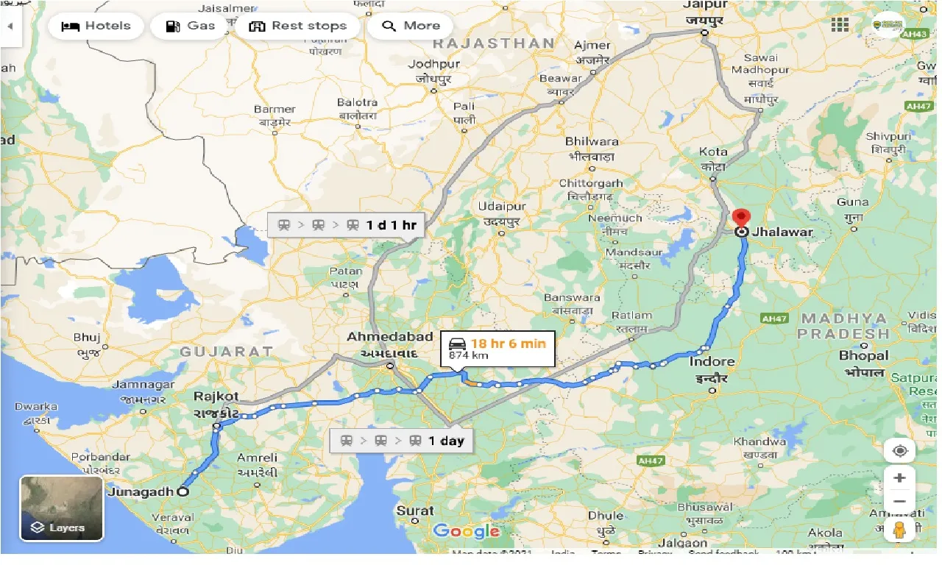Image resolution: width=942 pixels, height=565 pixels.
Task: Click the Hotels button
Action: pyautogui.click(x=95, y=26)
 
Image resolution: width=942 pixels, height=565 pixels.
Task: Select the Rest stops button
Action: pyautogui.click(x=297, y=26)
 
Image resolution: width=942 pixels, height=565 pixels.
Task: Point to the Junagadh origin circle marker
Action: pyautogui.click(x=182, y=492)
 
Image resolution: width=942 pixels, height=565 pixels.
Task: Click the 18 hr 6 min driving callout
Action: pyautogui.click(x=497, y=349)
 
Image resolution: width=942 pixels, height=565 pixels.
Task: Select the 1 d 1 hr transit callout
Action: pyautogui.click(x=346, y=225)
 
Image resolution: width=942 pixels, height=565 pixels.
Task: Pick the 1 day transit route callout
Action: pyautogui.click(x=402, y=441)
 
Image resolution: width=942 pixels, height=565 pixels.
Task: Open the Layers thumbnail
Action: pyautogui.click(x=61, y=508)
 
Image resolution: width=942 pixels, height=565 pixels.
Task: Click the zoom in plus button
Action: pyautogui.click(x=899, y=478)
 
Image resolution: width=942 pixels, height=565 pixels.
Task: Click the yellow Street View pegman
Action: pyautogui.click(x=899, y=531)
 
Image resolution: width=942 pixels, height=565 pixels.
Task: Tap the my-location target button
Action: pyautogui.click(x=899, y=450)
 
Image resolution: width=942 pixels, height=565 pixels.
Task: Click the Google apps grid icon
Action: pyautogui.click(x=840, y=24)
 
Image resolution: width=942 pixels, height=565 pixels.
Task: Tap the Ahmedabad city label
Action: pyautogui.click(x=390, y=337)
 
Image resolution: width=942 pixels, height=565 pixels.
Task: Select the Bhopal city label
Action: pyautogui.click(x=863, y=356)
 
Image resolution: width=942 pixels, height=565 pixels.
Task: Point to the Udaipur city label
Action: pyautogui.click(x=501, y=207)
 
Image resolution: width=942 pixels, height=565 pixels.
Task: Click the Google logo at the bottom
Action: pyautogui.click(x=467, y=531)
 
